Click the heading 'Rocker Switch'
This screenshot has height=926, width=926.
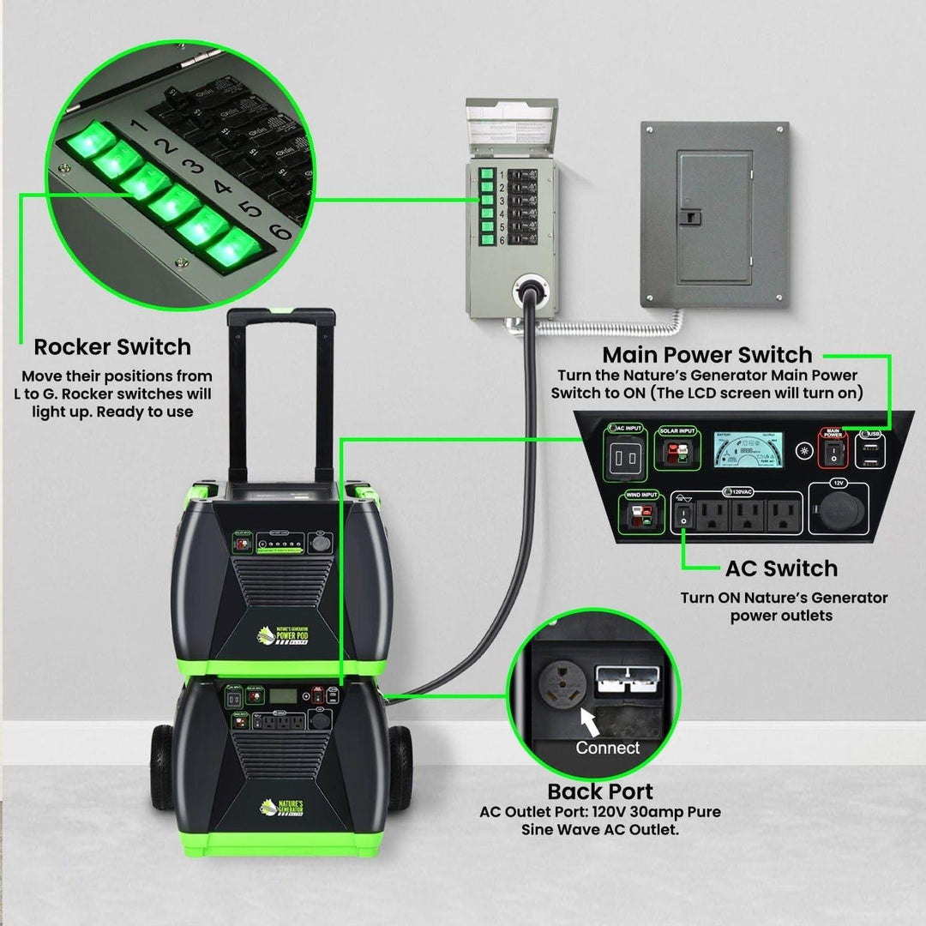pyautogui.click(x=112, y=347)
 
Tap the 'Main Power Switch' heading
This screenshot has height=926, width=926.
pyautogui.click(x=707, y=355)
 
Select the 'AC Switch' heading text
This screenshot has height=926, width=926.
pyautogui.click(x=780, y=568)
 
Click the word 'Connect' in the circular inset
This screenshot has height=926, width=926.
pyautogui.click(x=608, y=748)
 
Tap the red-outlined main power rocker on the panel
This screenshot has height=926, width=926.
pyautogui.click(x=832, y=454)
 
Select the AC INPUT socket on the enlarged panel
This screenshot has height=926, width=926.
pyautogui.click(x=624, y=457)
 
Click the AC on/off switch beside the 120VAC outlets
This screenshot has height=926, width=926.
pyautogui.click(x=682, y=516)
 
